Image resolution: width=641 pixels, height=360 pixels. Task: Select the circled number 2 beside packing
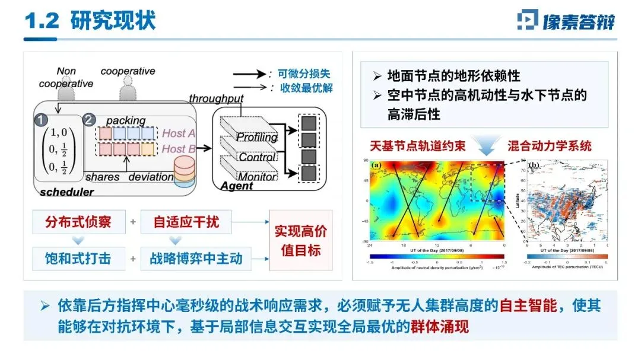click(x=88, y=120)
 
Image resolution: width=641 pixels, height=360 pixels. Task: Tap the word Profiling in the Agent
click(x=257, y=137)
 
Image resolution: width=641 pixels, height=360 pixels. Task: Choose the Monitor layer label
click(x=257, y=176)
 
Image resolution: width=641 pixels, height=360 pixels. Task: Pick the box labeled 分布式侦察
click(x=78, y=222)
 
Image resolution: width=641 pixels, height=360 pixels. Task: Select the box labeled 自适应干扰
click(x=186, y=222)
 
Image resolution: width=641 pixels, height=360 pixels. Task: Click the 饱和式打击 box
click(x=78, y=259)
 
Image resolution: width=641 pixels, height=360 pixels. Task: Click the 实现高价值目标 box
click(x=300, y=240)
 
